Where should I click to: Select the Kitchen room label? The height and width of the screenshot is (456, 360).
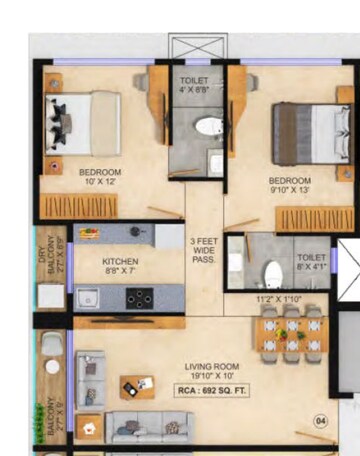pyautogui.click(x=120, y=262)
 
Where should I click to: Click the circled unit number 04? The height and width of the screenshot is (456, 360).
pyautogui.click(x=320, y=420)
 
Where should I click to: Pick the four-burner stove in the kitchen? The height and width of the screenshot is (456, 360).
pyautogui.click(x=139, y=296)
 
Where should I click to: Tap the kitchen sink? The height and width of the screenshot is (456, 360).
pyautogui.click(x=89, y=297)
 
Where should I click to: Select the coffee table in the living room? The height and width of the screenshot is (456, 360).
pyautogui.click(x=138, y=385)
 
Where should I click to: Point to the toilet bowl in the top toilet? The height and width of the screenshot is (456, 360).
pyautogui.click(x=208, y=127)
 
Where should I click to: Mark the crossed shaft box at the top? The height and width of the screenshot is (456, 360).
pyautogui.click(x=200, y=48)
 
